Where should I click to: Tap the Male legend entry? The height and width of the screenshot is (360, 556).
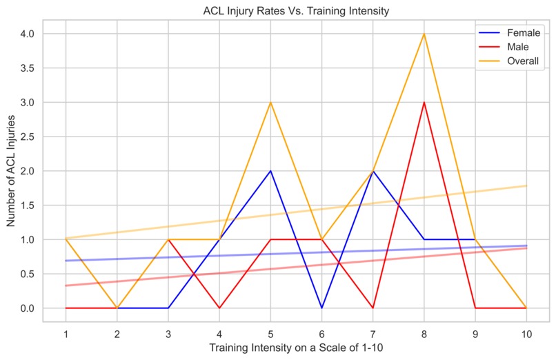point(508,47)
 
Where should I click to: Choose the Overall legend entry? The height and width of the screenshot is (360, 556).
point(511,62)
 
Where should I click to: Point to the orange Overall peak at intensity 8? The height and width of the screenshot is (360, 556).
point(424,34)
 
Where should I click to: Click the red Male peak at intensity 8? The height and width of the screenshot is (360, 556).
point(424,102)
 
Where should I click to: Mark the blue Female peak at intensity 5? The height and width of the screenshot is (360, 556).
point(270,171)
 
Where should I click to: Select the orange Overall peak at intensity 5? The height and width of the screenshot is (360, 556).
point(270,102)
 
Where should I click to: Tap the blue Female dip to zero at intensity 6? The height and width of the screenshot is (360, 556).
point(321,308)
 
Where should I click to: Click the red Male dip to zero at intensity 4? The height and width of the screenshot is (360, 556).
point(219,308)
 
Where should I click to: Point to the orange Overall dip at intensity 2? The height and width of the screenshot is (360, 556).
point(117,308)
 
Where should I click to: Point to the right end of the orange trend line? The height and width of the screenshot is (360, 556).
point(526,186)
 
